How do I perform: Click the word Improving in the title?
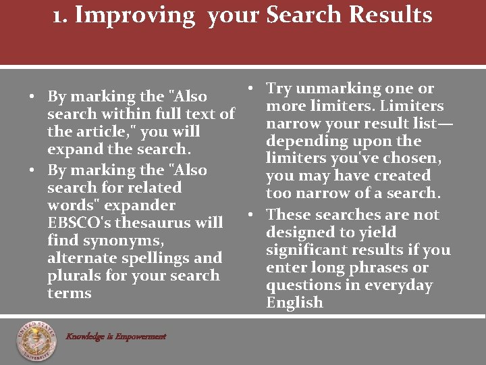point(135,15)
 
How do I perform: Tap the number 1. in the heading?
point(61,15)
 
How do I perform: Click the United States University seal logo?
point(37,341)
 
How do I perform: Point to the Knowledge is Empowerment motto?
point(115,336)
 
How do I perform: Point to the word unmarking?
point(338,89)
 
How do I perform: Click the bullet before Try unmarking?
point(250,89)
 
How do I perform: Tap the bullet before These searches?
point(250,215)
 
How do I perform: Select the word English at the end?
point(294,302)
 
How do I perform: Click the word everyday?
point(399,285)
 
